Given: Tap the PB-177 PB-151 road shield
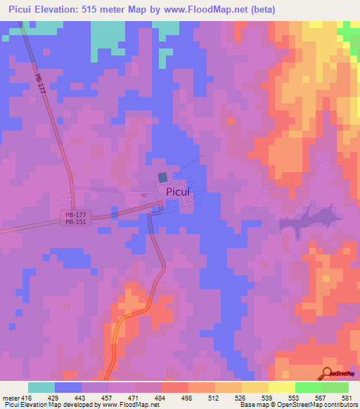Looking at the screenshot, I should coord(68,218).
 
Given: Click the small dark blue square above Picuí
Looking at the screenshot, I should coord(163,178).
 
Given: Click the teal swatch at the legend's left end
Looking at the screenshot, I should coord(41,387).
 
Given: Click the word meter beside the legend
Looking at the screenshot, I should coord(10,398).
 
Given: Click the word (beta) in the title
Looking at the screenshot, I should coord(260,10).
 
